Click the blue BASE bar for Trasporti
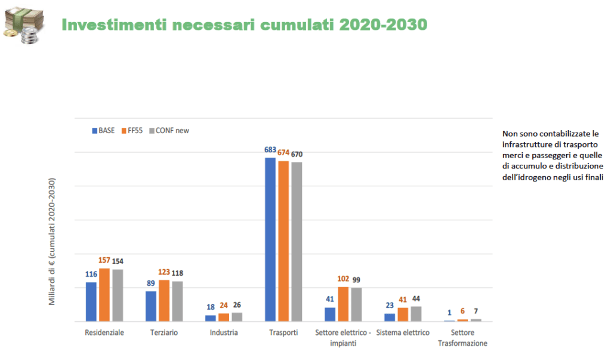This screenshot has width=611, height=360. [x=270, y=239]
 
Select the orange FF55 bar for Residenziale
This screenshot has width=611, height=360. [x=104, y=295]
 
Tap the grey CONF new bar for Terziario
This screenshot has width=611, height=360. [x=177, y=301]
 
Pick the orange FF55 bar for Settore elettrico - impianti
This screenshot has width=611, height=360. [x=343, y=304]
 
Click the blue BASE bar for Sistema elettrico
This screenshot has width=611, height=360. [x=390, y=317]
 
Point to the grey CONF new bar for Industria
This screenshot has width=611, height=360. [x=237, y=316]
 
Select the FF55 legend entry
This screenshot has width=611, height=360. [x=134, y=130]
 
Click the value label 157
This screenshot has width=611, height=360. [x=104, y=261]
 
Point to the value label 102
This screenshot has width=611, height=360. [x=343, y=279]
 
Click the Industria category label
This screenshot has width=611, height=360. [x=224, y=333]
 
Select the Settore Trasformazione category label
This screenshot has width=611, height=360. [x=462, y=338]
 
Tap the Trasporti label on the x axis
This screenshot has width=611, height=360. [x=283, y=333]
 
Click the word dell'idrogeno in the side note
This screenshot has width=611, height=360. [x=525, y=177]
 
